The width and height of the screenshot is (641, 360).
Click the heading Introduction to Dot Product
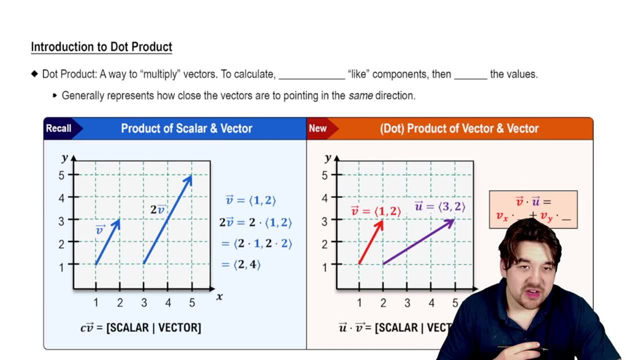101,47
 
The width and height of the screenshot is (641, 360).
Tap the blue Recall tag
59,128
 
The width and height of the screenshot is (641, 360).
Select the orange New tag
318,128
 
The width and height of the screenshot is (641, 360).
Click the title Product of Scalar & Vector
187,128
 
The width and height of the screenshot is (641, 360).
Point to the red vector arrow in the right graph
371,241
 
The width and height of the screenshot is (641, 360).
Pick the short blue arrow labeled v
108,241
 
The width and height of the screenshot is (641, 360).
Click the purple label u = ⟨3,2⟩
440,206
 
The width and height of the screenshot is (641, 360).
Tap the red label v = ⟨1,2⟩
376,211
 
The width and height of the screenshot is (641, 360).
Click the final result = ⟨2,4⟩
241,264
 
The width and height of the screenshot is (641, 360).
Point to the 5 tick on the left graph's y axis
63,175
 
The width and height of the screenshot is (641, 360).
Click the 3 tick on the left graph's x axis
144,302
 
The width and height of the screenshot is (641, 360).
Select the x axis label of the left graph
219,297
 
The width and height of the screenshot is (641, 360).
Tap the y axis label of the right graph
328,158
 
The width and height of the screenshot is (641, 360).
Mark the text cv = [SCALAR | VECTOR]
140,327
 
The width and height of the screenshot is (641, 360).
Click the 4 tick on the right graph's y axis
325,199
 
